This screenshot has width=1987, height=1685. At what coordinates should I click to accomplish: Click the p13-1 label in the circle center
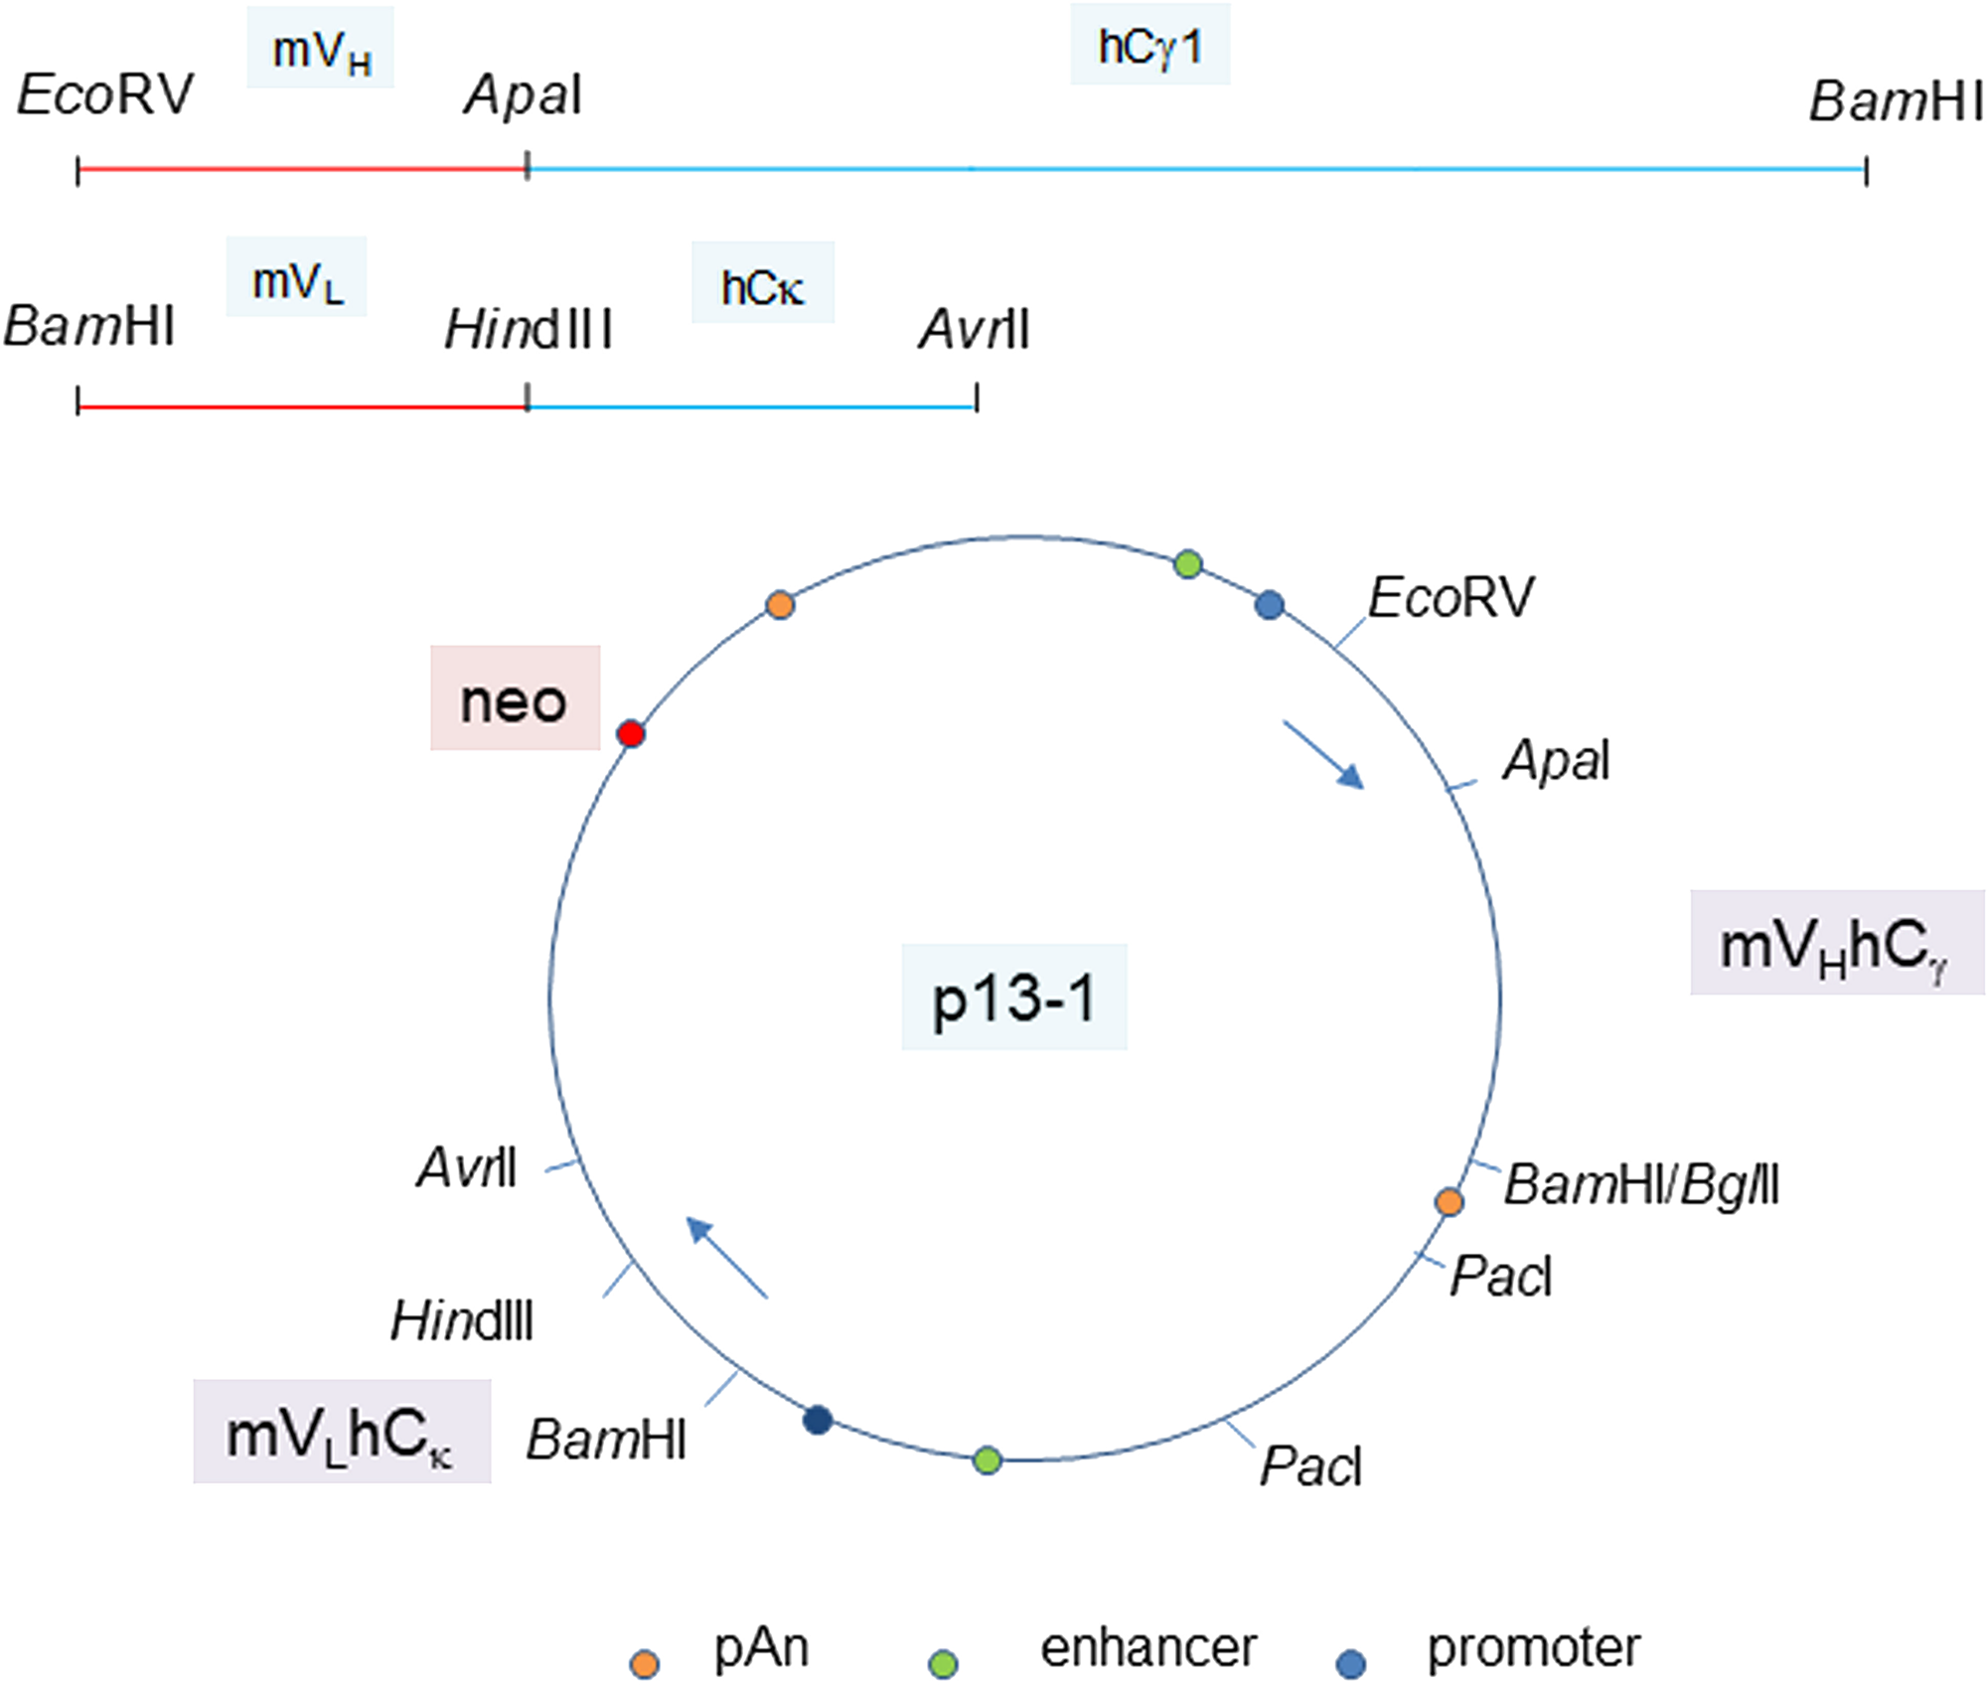point(1013,997)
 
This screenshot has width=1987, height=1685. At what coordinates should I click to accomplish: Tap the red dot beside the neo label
point(631,734)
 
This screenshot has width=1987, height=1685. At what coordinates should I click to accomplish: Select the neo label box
point(515,698)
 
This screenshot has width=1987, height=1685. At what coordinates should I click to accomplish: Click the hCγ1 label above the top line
point(1149,46)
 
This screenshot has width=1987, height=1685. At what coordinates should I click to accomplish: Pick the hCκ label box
point(762,284)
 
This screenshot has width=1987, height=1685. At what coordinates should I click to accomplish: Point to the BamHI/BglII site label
point(1640,1184)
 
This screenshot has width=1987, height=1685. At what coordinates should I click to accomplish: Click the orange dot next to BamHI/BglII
point(1450,1202)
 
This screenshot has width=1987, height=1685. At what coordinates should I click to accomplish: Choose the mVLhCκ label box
point(342,1432)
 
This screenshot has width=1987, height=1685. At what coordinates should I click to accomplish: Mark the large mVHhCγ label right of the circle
point(1836,943)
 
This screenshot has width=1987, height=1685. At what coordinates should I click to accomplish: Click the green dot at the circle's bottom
point(987,1460)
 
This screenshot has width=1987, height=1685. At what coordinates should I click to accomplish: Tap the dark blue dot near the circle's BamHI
point(818,1420)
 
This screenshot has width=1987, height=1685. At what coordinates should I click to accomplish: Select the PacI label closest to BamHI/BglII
point(1500,1276)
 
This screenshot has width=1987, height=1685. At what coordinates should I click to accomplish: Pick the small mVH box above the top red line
point(320,49)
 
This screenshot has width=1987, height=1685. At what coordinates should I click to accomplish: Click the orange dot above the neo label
point(781,604)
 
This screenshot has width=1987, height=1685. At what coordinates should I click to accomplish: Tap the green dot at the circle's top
point(1188,564)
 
